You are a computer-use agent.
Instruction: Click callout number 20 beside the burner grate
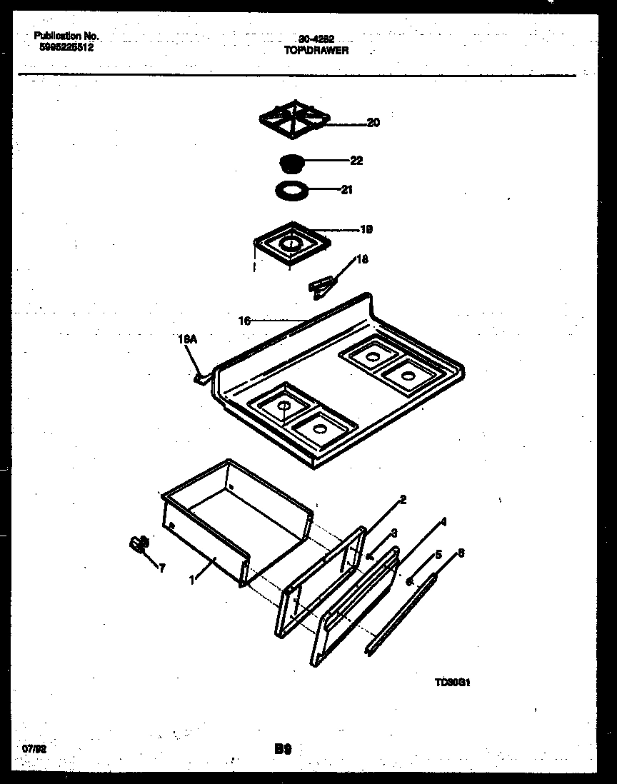[x=373, y=123]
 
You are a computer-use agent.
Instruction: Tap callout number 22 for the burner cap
[x=356, y=161]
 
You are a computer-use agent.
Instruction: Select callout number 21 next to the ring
[x=346, y=190]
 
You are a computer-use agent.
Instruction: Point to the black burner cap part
[x=291, y=162]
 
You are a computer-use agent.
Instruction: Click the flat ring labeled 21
[x=291, y=191]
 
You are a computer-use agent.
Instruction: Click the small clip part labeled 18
[x=321, y=286]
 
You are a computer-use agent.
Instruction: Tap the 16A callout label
[x=186, y=341]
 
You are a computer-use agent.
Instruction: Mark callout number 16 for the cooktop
[x=244, y=321]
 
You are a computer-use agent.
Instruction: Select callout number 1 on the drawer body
[x=192, y=581]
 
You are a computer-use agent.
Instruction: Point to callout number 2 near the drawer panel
[x=403, y=500]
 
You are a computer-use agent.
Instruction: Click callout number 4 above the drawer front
[x=443, y=522]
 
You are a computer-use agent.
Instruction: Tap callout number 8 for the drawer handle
[x=461, y=552]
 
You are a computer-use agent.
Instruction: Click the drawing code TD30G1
[x=451, y=681]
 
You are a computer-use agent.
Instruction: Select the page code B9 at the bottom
[x=283, y=749]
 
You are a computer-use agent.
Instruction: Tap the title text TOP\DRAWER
[x=311, y=51]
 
